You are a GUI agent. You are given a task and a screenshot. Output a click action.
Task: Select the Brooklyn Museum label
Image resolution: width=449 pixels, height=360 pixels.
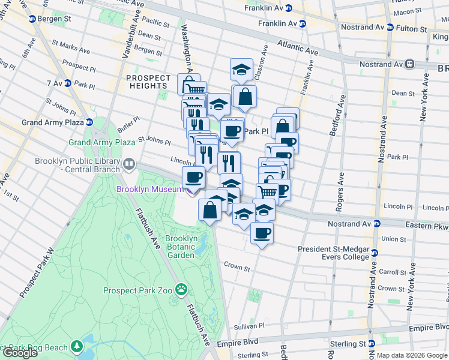[x=149, y=190]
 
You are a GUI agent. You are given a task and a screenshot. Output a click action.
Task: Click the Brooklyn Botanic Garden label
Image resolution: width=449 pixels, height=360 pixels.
[x=181, y=247]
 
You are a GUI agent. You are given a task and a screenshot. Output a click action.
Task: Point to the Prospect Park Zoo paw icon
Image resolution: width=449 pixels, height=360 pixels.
[x=181, y=290]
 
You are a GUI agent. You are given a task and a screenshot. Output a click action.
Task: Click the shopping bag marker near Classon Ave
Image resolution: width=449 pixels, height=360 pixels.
[x=245, y=97]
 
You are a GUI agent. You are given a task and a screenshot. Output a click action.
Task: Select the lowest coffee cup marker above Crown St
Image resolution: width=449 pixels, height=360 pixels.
[x=262, y=233]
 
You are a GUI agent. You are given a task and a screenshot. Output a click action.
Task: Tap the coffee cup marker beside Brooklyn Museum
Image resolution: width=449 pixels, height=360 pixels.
[x=193, y=178]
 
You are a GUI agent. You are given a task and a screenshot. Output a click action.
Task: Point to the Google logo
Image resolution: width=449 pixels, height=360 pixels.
[x=19, y=353]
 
